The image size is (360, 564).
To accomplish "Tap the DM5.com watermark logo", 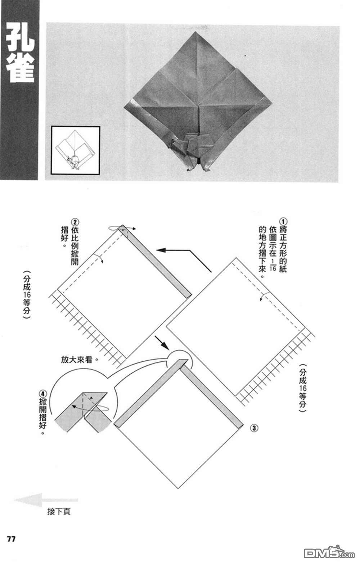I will pos(329,552).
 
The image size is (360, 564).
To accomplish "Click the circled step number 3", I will pos(254,428).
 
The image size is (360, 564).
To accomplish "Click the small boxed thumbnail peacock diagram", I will pos(75,150).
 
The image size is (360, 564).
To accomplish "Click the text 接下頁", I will pos(59,511).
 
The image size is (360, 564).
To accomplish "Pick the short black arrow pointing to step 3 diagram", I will pos(162,343).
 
